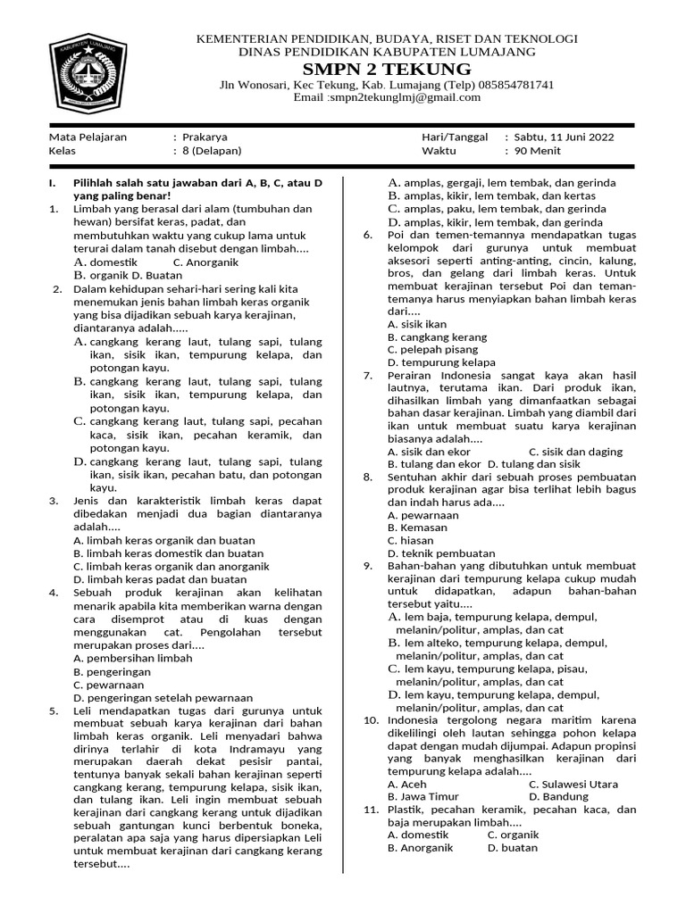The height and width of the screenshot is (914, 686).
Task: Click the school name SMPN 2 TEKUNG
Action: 387,69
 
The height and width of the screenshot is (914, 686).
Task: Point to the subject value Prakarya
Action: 205,137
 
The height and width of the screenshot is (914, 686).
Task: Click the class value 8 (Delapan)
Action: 212,152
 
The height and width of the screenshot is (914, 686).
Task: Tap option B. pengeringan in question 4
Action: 113,671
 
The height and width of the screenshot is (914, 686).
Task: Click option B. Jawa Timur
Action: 423,796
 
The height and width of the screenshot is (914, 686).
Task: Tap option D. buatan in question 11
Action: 513,848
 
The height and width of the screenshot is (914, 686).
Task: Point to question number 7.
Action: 367,376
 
